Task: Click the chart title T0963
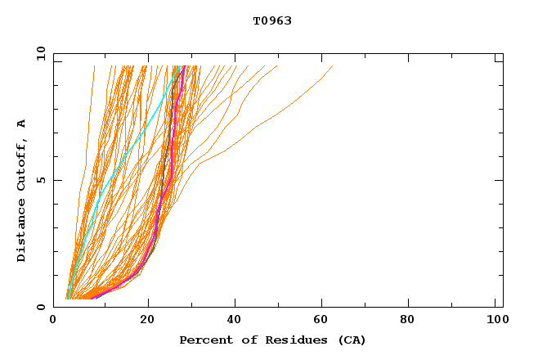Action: tap(271, 21)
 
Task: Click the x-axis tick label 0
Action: tap(53, 320)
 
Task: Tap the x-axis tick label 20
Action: tap(147, 320)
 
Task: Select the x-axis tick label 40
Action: tap(235, 320)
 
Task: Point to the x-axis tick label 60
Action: tap(324, 320)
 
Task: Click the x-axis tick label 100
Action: tap(495, 320)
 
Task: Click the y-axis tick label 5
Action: tap(41, 180)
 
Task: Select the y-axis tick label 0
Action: tap(41, 307)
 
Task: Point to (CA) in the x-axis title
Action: tap(351, 340)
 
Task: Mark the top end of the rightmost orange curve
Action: tap(333, 66)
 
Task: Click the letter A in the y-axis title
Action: tap(22, 124)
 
